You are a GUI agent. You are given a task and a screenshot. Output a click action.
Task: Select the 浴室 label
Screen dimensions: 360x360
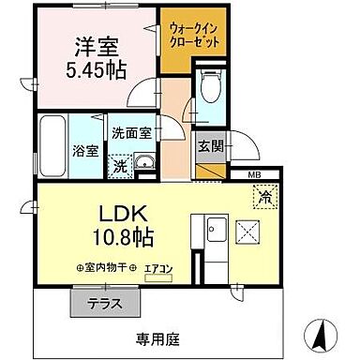85,149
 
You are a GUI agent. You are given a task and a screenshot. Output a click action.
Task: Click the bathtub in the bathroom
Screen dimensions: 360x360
55,144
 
